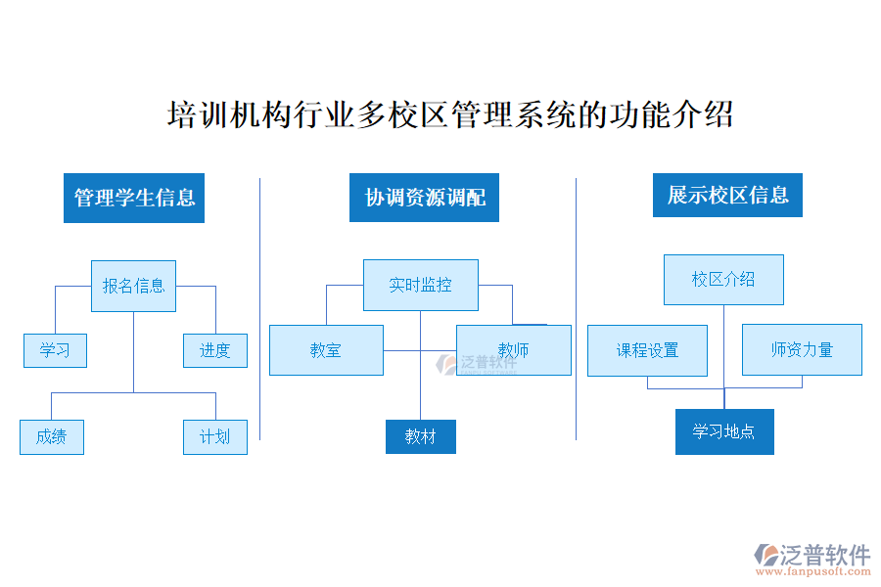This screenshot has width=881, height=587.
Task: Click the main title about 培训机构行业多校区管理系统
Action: click(450, 115)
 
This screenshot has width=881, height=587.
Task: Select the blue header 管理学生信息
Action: click(134, 198)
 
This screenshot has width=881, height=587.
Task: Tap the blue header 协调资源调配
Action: click(424, 198)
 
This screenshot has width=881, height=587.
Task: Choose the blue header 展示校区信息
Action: click(727, 196)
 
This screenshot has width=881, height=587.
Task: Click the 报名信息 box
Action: click(133, 286)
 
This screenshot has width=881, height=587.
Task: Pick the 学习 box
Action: click(55, 350)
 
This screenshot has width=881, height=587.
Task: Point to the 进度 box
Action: click(215, 350)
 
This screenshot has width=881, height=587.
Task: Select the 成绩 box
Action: click(51, 436)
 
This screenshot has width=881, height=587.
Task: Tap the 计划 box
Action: click(215, 436)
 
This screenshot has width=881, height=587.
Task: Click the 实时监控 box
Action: click(420, 285)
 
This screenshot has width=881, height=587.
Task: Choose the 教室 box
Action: click(326, 350)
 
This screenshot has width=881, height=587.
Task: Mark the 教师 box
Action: click(514, 350)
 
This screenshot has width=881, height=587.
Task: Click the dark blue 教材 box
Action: click(420, 436)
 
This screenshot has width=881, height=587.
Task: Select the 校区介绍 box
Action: click(723, 280)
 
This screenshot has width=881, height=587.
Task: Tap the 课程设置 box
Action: click(647, 350)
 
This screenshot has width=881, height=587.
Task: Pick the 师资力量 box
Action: click(802, 349)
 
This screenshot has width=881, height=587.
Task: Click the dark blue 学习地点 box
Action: click(724, 431)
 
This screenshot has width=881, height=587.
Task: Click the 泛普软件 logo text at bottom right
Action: click(824, 555)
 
